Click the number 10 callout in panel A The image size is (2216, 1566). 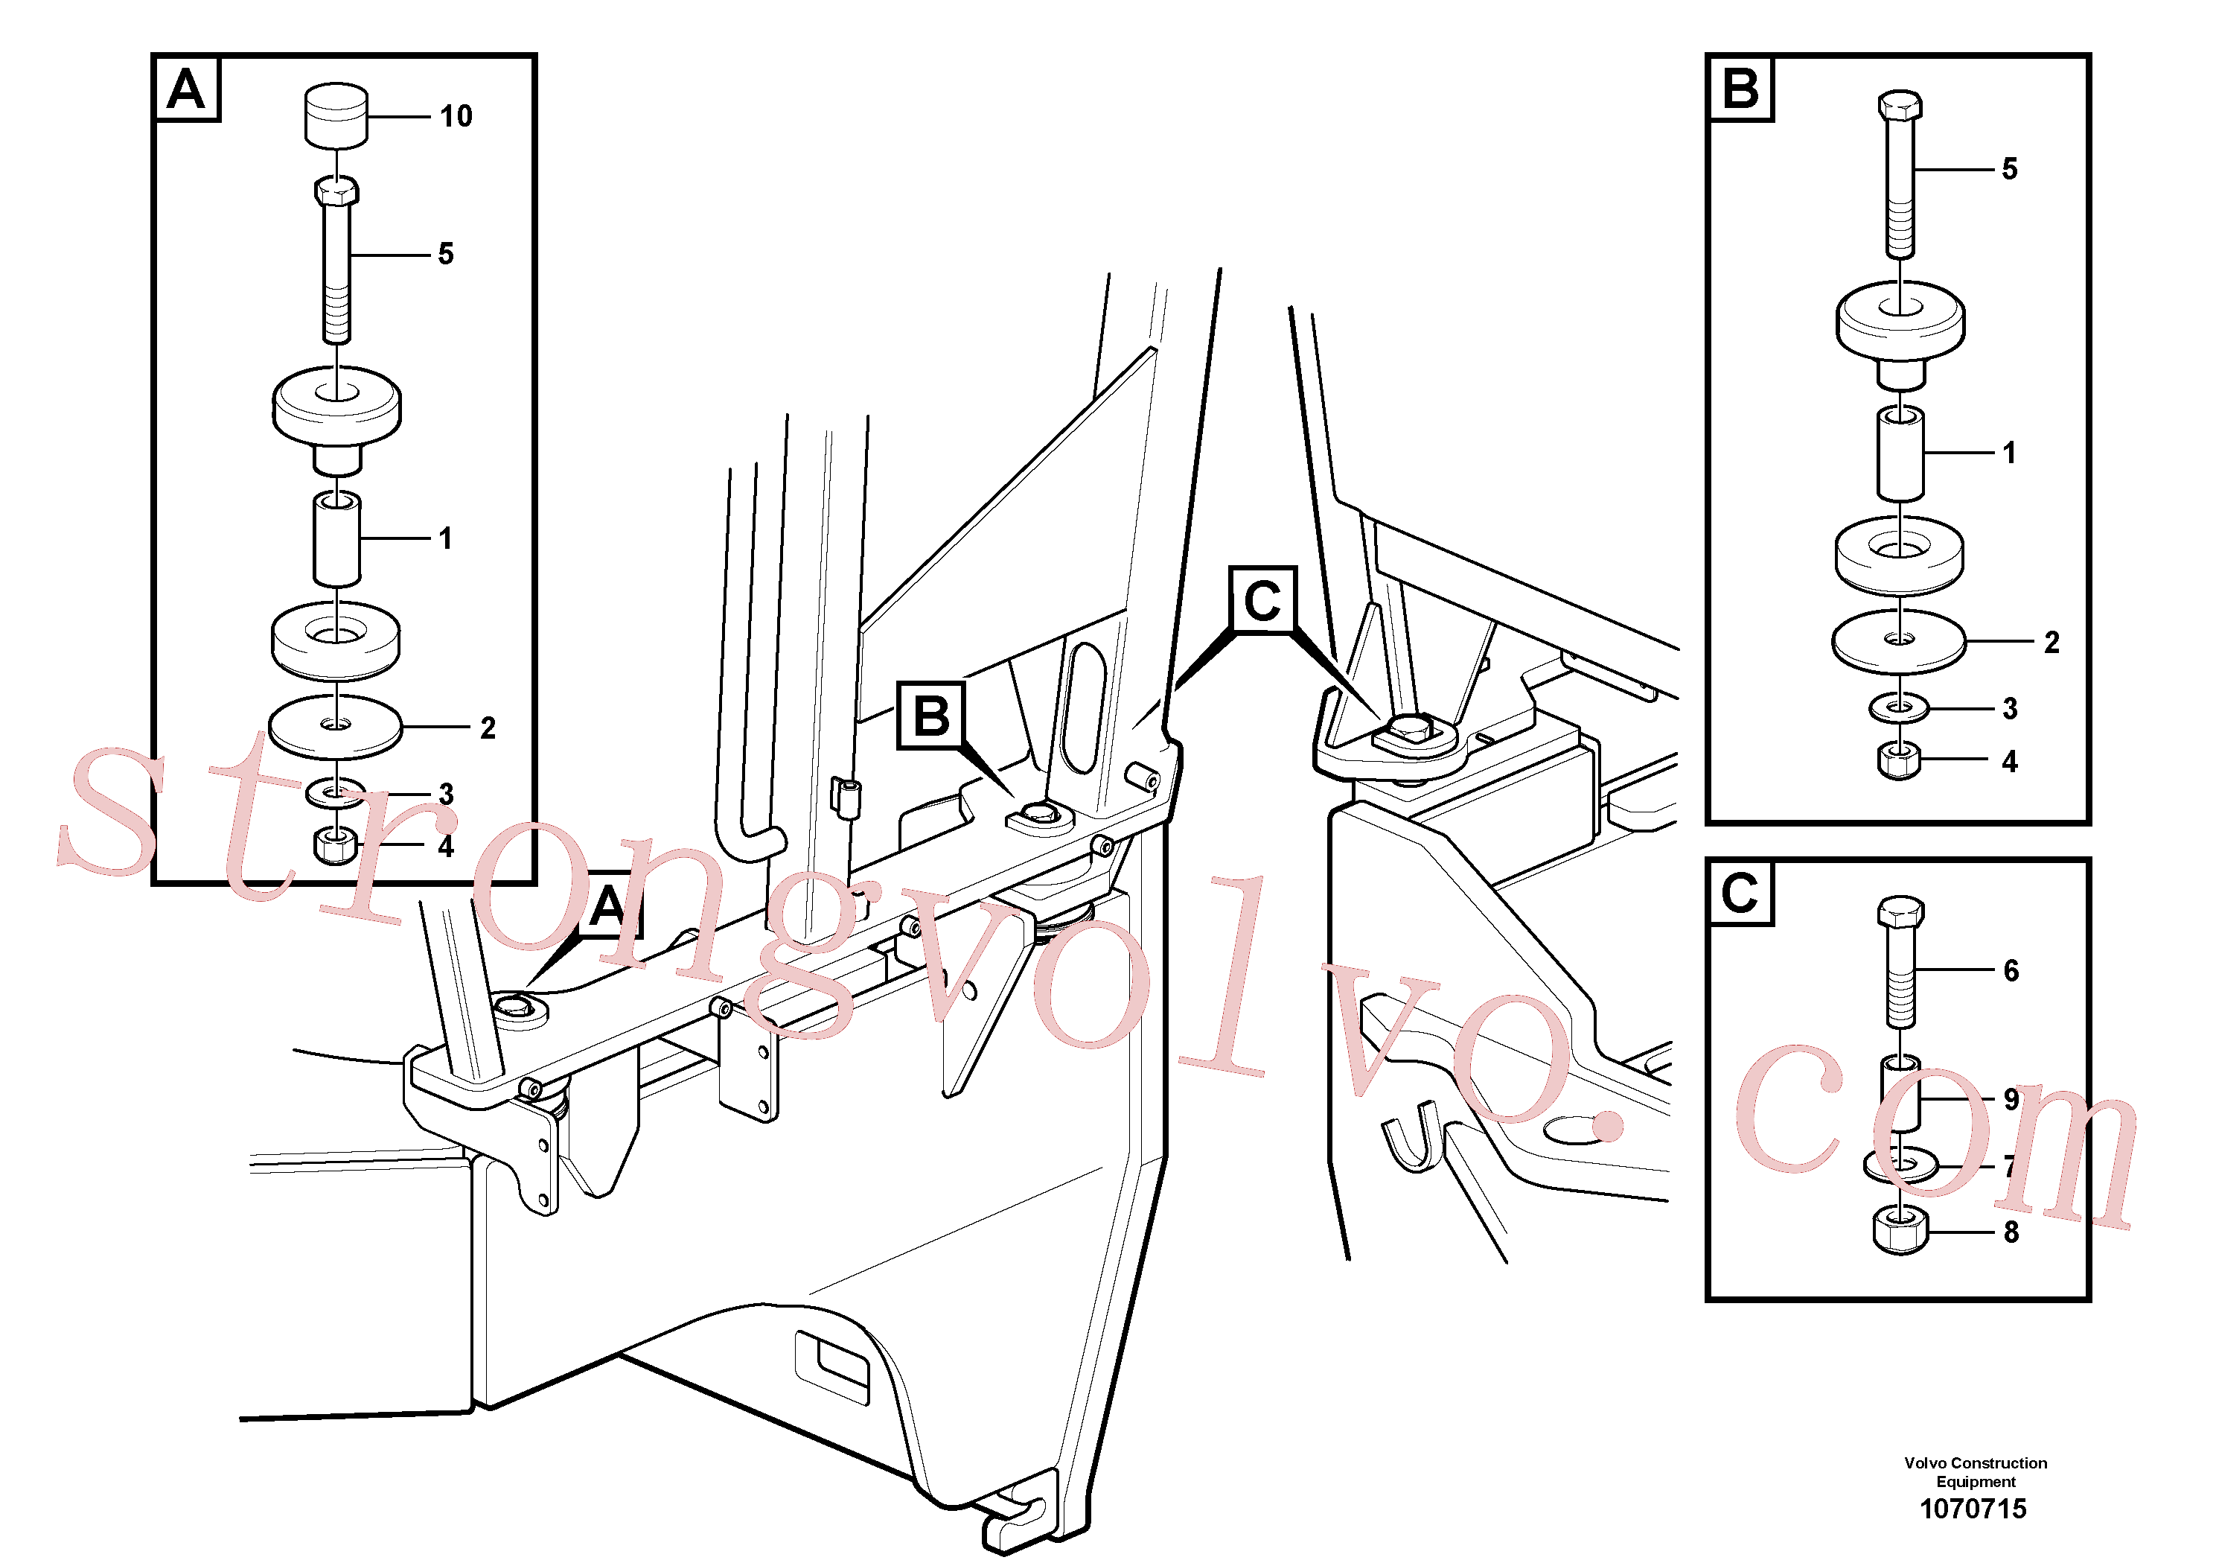[x=456, y=117]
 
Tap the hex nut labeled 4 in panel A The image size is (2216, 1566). [x=336, y=846]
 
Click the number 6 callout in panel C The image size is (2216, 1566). [x=2011, y=970]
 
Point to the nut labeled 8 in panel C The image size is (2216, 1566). [x=1900, y=1230]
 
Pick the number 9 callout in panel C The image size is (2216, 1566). [x=2011, y=1100]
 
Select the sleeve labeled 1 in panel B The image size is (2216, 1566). [x=1900, y=453]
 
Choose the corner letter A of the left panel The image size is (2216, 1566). [x=186, y=90]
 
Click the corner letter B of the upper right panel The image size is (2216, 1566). [x=1740, y=89]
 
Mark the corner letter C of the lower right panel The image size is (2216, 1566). [x=1740, y=893]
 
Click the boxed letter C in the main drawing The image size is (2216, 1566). [x=1262, y=600]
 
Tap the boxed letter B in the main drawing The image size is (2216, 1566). [x=931, y=716]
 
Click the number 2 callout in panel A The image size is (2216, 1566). [x=488, y=728]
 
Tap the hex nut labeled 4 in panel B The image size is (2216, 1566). [x=1900, y=761]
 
